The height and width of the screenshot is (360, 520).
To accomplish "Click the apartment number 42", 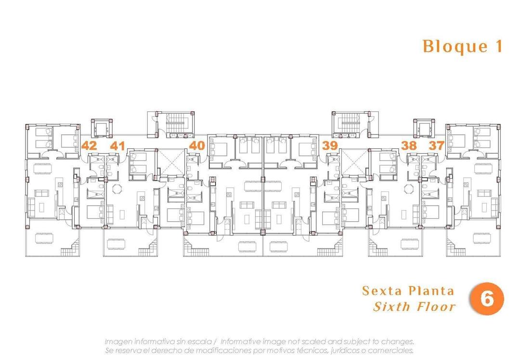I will click(x=89, y=145).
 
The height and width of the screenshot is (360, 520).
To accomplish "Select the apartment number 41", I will click(x=117, y=145).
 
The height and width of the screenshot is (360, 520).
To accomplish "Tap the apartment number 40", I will click(x=197, y=145).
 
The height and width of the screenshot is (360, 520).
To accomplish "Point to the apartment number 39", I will click(x=330, y=145).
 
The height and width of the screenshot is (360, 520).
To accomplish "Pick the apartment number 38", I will click(x=409, y=145).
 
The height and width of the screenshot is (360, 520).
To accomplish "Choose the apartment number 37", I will click(x=437, y=145).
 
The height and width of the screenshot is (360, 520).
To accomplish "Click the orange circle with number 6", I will click(x=487, y=299).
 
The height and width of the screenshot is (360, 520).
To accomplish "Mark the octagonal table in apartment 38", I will click(x=409, y=188).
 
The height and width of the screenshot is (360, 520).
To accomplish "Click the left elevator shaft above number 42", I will click(x=101, y=128).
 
